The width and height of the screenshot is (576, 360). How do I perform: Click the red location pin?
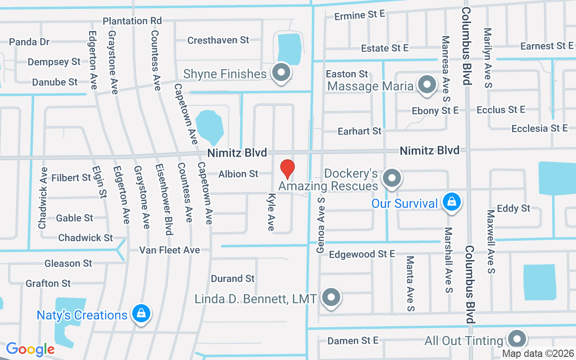click(288, 170)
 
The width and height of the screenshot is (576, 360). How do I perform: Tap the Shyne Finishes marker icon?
click(282, 72)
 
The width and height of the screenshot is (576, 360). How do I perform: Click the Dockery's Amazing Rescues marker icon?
click(392, 178)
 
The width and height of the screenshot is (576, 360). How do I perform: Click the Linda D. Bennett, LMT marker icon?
click(332, 297)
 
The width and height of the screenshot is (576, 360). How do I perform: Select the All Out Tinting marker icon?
click(516, 339)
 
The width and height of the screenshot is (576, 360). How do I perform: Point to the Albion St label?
click(238, 174)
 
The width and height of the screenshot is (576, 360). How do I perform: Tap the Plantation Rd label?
click(132, 21)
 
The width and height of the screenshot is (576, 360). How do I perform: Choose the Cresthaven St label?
click(218, 40)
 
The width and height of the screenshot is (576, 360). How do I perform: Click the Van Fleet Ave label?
click(170, 250)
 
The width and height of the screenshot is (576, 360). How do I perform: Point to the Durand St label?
click(233, 279)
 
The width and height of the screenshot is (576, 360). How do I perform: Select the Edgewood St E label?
click(362, 254)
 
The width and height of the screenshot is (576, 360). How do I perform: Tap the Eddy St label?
click(513, 209)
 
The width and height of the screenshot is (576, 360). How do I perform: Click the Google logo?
click(30, 349)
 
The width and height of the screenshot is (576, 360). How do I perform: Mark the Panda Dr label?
click(29, 42)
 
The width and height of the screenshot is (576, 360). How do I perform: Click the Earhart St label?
click(360, 131)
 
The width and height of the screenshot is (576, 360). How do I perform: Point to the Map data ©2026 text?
click(538, 354)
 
